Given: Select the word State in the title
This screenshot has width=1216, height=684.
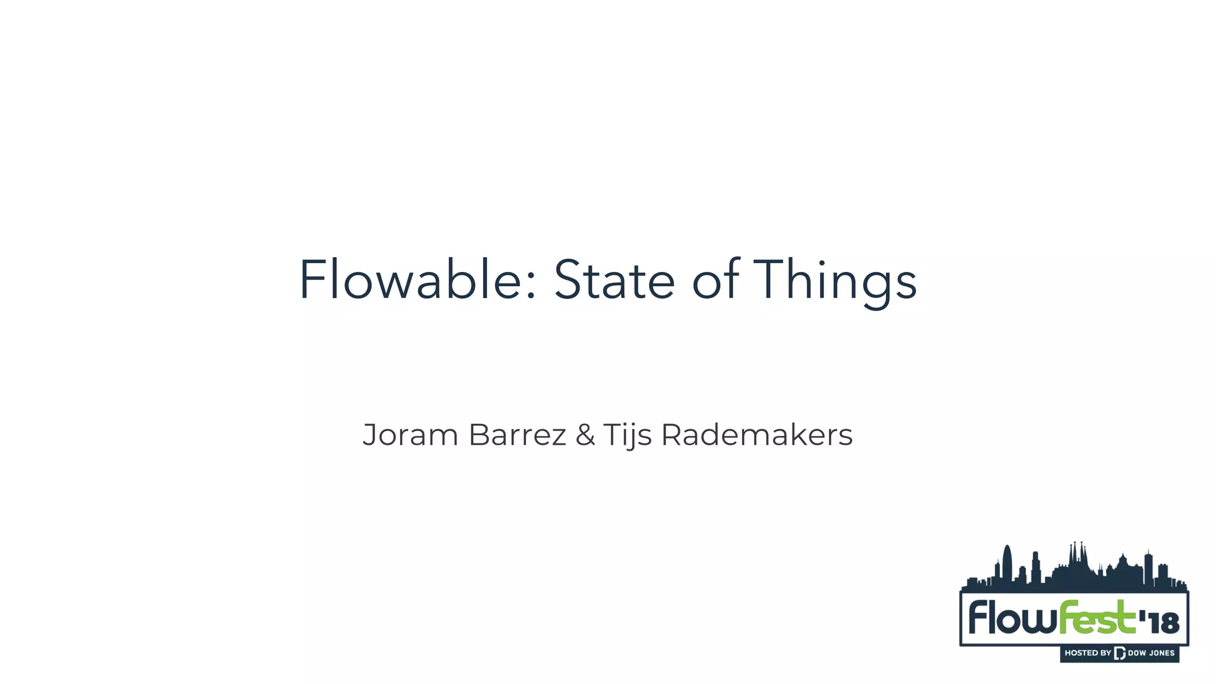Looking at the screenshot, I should pos(614,280).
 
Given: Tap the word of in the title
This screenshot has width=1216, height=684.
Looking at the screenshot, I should pos(715,280).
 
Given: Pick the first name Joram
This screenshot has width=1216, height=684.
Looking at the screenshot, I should pos(410,435).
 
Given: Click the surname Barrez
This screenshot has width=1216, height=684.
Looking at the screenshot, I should pos(517,435).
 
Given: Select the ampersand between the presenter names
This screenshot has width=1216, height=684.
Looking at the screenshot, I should pos(585,435).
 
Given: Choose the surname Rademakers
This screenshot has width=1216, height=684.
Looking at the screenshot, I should pos(757,435).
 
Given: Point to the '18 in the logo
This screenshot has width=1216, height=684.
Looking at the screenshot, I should pos(1159,622).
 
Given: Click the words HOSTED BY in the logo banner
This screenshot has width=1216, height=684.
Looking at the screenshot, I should pos(1087,653).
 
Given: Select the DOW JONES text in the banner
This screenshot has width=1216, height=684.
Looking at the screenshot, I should pos(1151,653).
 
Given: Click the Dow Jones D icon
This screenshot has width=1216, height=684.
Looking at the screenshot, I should pos(1120,653).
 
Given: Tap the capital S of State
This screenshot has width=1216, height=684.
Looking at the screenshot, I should pos(568,280).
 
